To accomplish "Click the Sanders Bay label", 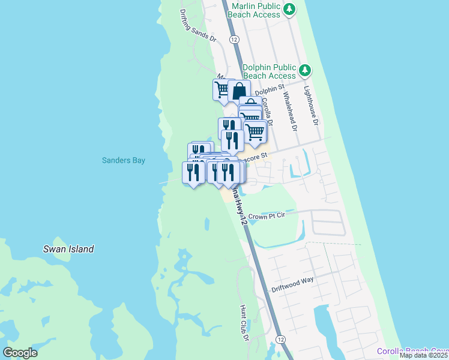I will point(123,160).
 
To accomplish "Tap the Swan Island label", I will point(68,249).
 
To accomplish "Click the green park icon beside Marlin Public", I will point(290,8).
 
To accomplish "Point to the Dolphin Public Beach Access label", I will point(270,71).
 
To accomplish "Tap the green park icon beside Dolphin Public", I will point(306,71).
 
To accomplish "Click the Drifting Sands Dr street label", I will point(197,25).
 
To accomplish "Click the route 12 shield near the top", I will point(234,39).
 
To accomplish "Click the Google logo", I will point(20,353).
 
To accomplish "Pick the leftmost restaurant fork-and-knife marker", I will point(193,172).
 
